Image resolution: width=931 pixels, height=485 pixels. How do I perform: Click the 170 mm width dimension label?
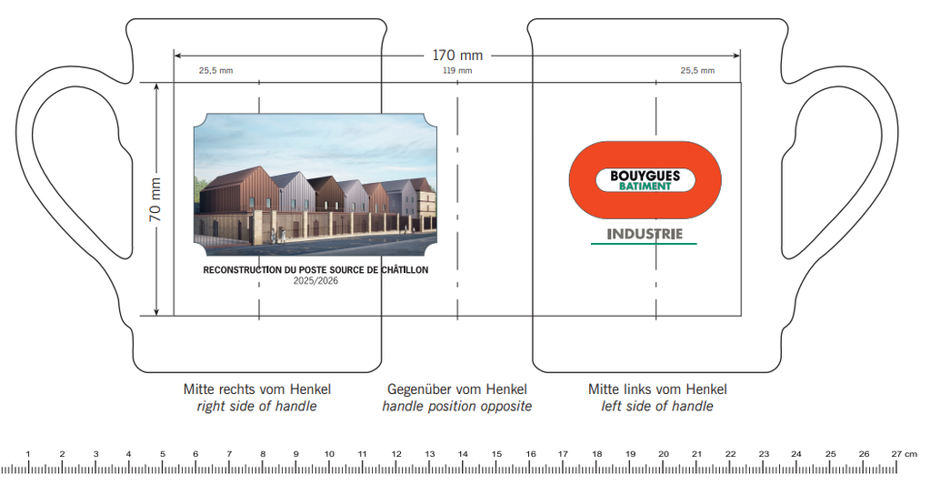point(457,56)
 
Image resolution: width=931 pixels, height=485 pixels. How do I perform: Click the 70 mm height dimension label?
point(155,200)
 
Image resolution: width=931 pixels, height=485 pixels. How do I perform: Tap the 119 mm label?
point(457,71)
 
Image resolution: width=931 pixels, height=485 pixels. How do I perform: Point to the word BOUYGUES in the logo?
point(645,176)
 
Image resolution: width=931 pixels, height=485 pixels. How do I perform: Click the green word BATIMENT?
point(645,187)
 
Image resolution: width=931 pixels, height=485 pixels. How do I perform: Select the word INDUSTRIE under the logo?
point(645,234)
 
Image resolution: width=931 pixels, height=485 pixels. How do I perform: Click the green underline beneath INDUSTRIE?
point(645,244)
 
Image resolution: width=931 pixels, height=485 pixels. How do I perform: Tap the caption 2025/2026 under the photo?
point(315,281)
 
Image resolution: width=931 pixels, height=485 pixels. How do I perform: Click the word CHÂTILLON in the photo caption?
point(401,270)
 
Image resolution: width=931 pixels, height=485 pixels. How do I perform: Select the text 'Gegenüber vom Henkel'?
point(457,389)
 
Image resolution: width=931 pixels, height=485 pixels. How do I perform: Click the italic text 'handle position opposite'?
point(457,406)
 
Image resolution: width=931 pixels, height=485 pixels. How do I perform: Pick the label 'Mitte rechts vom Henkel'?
point(257,389)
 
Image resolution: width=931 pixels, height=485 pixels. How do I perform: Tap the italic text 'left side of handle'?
point(657,406)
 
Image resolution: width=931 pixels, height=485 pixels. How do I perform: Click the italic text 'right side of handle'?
point(257,406)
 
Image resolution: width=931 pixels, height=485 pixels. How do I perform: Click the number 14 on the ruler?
point(462,453)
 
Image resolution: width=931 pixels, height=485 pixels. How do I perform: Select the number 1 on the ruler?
point(28,453)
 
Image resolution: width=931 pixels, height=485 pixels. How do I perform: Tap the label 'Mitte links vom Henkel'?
point(657,389)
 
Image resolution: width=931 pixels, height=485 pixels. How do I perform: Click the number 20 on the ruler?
point(663,453)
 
